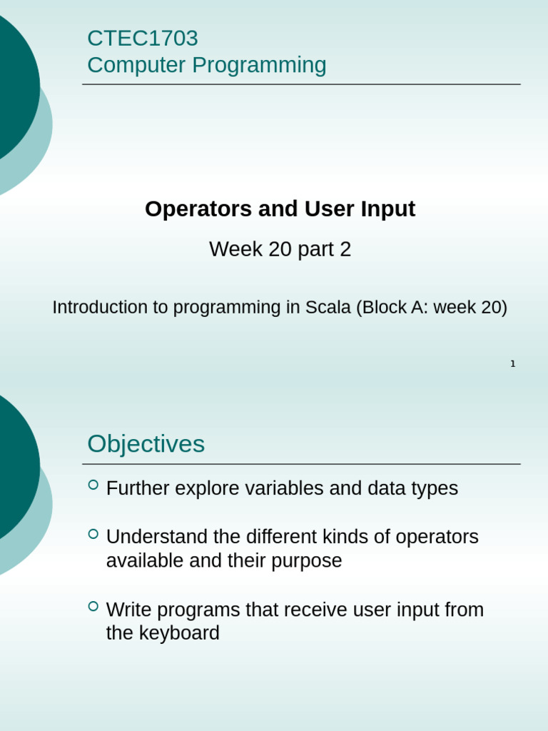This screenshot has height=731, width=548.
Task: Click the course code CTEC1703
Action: (142, 38)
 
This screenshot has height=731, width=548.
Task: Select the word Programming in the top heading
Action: (259, 65)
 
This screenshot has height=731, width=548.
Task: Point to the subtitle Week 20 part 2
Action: (280, 249)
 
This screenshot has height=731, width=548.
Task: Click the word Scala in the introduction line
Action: (328, 307)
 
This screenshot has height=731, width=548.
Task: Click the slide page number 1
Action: (512, 363)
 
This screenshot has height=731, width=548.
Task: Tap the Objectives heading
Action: (146, 443)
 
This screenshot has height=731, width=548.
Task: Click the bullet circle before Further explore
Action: (93, 485)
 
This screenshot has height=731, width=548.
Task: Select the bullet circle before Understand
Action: (93, 533)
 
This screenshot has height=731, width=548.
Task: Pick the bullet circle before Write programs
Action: (93, 606)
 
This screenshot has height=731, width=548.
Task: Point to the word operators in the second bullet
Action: (437, 537)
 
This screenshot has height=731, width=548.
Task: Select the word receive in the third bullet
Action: (315, 610)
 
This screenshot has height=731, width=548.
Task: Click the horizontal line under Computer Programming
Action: (301, 84)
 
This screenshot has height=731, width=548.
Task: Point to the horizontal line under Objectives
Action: (301, 464)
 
